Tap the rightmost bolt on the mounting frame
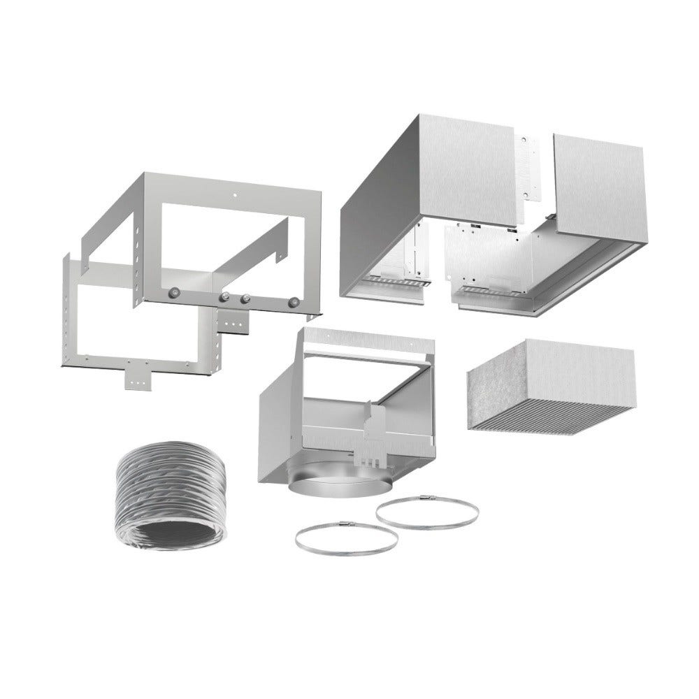click(x=294, y=302)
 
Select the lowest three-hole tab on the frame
click(x=136, y=377)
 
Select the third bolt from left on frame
click(x=246, y=299)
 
